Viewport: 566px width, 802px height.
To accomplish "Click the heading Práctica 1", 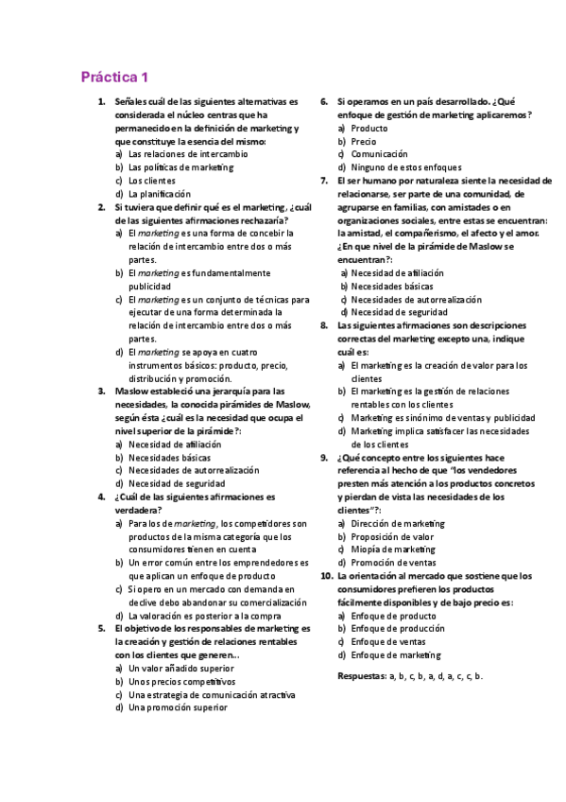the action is [114, 78].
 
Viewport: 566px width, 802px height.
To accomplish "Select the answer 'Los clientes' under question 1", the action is [152, 181].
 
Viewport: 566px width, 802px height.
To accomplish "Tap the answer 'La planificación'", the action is [159, 194].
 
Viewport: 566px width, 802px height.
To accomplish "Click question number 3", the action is [101, 391].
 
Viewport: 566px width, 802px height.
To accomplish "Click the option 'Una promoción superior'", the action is [178, 707].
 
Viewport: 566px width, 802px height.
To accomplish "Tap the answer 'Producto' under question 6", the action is [369, 128].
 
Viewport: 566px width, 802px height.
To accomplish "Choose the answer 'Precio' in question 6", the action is [363, 141].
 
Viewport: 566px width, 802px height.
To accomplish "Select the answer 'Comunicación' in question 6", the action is [379, 154].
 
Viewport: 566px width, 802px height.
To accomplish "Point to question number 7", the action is [323, 181].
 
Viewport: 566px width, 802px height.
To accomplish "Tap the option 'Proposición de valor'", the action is [392, 536].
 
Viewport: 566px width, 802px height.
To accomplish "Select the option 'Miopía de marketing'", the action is [393, 549].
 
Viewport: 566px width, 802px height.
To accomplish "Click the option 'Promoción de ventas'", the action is [392, 563].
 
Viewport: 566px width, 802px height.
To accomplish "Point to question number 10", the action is [325, 576].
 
